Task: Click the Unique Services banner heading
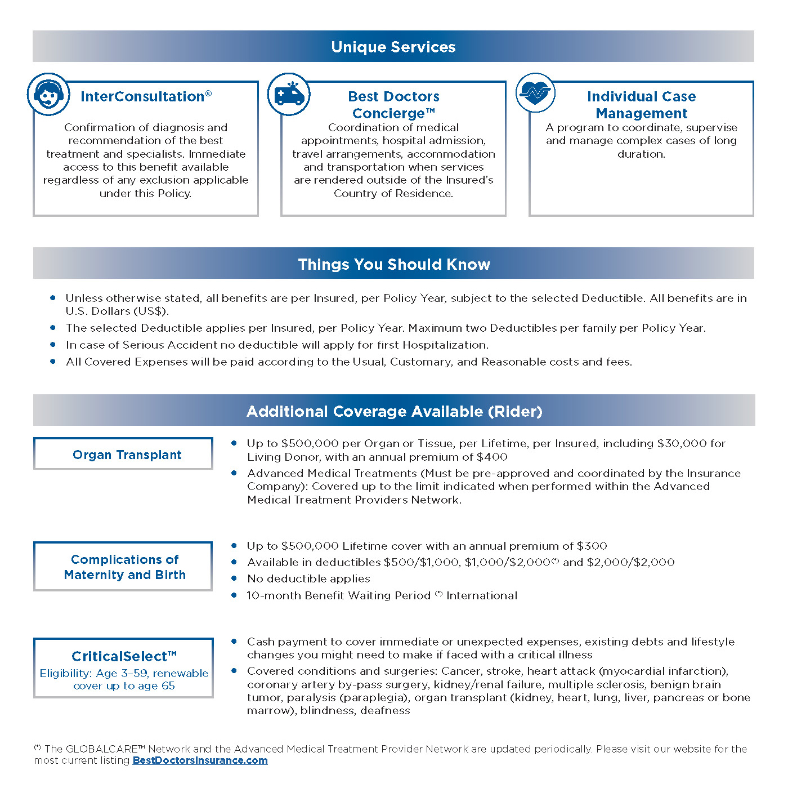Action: pos(393,47)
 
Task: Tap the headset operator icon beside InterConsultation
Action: pos(49,94)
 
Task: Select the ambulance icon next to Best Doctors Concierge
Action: pos(289,94)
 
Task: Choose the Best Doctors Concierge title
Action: pos(393,105)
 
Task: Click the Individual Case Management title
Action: pos(641,105)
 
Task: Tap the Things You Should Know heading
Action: pos(394,264)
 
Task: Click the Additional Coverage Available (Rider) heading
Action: pos(394,411)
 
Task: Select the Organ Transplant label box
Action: pos(123,454)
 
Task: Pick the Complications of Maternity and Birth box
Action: pos(123,567)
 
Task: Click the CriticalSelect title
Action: pos(124,656)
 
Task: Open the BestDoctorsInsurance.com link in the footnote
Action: pos(200,760)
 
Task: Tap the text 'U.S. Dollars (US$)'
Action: pos(117,311)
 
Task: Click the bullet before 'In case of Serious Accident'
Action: pos(53,344)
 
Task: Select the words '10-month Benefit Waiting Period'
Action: pos(338,595)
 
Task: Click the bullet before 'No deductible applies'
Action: pos(234,578)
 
